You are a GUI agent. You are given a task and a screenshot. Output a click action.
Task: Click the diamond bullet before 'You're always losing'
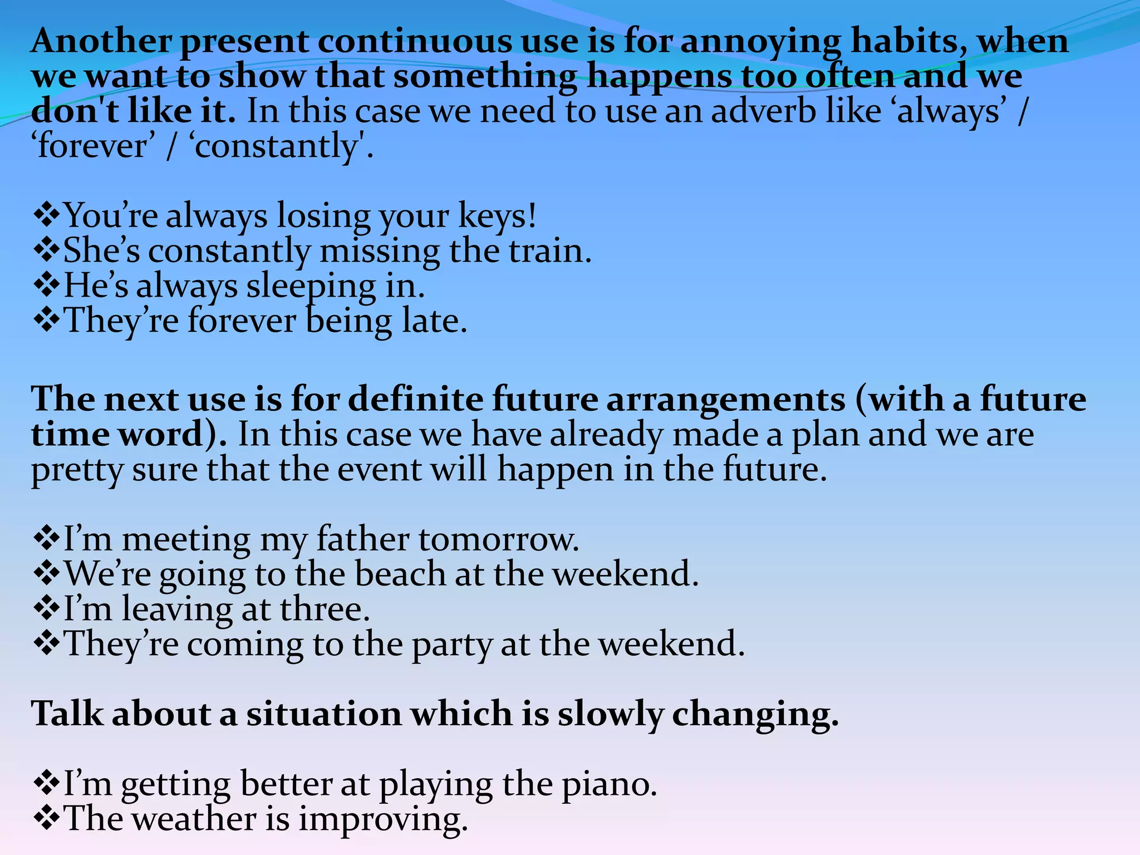pos(47,215)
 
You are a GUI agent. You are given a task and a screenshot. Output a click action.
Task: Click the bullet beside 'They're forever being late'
pos(47,321)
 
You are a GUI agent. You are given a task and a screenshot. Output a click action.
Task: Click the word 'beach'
pos(400,574)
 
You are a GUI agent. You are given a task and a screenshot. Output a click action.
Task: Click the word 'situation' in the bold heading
pos(324,714)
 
